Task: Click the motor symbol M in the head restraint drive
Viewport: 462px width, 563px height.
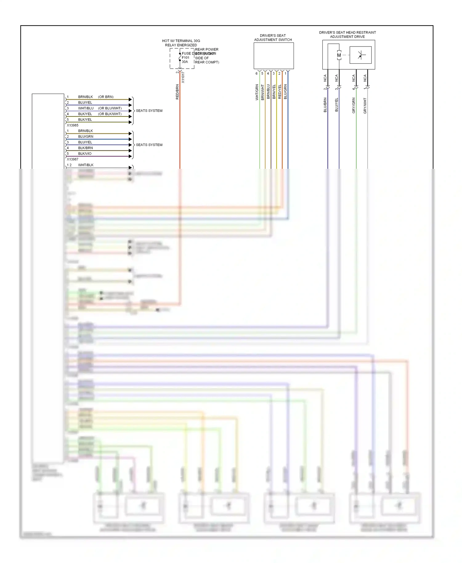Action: click(x=339, y=55)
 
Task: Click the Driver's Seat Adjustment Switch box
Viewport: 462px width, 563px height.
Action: click(x=274, y=56)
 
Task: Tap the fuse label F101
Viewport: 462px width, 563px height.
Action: click(x=185, y=58)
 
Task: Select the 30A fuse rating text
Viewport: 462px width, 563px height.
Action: click(x=184, y=62)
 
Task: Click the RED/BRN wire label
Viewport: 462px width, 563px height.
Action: click(x=177, y=92)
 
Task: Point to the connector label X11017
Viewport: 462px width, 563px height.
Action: click(x=183, y=77)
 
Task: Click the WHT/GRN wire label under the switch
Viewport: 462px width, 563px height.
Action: click(x=257, y=92)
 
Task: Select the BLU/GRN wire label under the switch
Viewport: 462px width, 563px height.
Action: click(x=286, y=91)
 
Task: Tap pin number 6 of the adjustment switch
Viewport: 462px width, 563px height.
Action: click(x=256, y=74)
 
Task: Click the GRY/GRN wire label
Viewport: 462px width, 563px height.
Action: click(x=354, y=105)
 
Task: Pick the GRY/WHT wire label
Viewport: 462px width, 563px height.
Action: click(x=365, y=106)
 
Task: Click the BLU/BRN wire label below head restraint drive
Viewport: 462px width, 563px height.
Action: click(x=325, y=105)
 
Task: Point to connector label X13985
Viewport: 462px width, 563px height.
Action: click(x=73, y=125)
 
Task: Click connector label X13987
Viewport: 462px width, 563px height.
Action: click(x=73, y=159)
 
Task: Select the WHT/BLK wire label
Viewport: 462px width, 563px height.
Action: click(x=86, y=165)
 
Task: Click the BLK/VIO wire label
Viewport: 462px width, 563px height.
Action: click(x=85, y=154)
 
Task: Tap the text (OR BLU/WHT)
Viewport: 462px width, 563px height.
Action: click(x=110, y=108)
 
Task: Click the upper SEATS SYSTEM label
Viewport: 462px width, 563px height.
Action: click(x=149, y=111)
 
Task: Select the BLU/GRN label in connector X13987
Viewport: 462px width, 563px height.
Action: click(x=86, y=137)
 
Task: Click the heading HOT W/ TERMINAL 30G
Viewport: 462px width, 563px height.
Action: click(x=181, y=41)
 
